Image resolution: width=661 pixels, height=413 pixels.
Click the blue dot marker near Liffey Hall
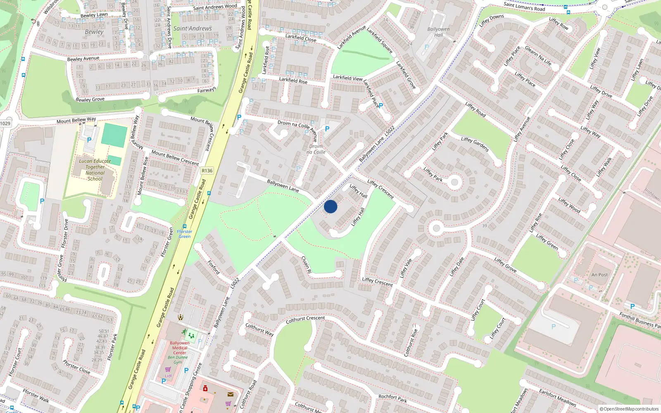330,206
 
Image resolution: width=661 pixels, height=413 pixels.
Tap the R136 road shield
207,171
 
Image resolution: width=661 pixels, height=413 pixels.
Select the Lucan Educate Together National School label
95,170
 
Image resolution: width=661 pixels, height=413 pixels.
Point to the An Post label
599,275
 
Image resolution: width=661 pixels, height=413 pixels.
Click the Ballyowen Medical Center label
180,348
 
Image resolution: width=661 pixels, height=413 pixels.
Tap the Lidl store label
168,376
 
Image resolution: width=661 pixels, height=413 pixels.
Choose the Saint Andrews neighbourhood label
193,28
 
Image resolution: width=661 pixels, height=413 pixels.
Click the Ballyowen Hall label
438,32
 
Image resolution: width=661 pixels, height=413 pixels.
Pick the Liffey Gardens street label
475,144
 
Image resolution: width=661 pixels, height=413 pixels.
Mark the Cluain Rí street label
306,264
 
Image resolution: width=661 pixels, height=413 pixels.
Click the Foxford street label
214,267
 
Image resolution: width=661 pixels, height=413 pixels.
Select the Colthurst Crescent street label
305,319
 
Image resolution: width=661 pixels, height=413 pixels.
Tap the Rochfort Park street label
392,398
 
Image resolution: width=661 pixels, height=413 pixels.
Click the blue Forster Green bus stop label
185,234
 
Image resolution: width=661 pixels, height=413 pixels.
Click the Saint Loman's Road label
524,7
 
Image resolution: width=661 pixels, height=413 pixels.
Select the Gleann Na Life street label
538,56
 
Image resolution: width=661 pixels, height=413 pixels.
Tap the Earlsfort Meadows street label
557,397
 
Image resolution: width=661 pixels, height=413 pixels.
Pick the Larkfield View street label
348,78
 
